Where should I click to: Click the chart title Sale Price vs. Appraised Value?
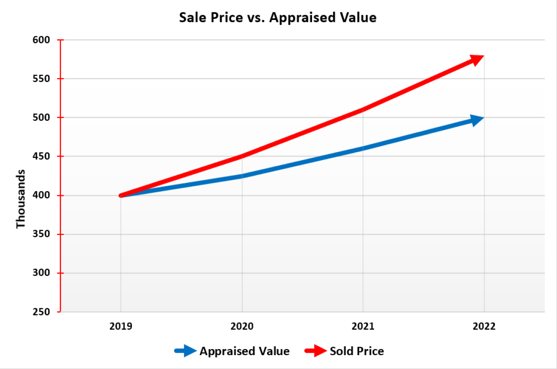(278, 18)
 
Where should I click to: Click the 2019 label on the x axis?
(121, 326)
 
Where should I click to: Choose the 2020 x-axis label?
(242, 326)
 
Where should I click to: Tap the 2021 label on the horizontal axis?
(363, 326)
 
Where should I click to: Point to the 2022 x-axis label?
(484, 326)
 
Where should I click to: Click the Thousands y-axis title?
(20, 199)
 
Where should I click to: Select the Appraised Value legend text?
(244, 351)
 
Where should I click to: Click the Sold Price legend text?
(357, 351)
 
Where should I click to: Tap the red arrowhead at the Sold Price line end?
(477, 59)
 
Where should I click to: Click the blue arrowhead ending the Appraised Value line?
(477, 120)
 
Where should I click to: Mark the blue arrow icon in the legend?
(185, 351)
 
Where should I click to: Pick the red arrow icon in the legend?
(315, 351)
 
